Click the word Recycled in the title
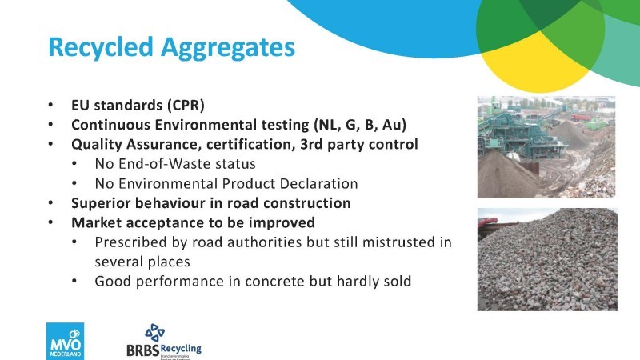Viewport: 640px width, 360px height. [101, 46]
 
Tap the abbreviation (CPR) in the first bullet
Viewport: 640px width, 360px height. [186, 106]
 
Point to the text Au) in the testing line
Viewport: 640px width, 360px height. [394, 125]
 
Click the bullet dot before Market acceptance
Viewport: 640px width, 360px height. [50, 223]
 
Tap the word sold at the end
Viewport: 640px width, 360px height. [397, 282]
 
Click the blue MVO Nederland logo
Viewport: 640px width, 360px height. [66, 342]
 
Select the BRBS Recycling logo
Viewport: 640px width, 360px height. [164, 342]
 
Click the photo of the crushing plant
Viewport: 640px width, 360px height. [546, 147]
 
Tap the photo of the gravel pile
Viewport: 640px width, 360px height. [547, 259]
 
